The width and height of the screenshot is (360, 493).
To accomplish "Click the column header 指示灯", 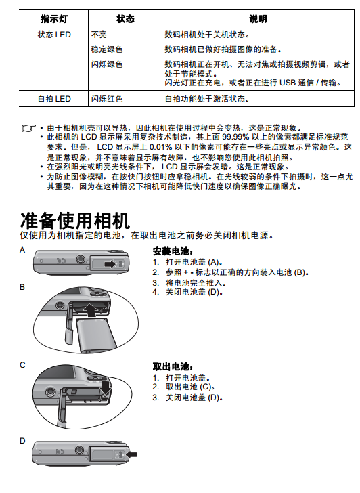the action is tap(54, 19).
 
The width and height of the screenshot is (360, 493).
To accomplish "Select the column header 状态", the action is tap(125, 19).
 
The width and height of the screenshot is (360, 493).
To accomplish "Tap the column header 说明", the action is tap(258, 19).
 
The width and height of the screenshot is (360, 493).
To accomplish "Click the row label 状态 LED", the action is tap(54, 35).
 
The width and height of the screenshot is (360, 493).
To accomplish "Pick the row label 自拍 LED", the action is tap(54, 99).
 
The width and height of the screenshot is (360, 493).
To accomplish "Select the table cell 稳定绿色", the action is tap(107, 49).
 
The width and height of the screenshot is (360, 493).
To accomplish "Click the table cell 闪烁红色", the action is tap(107, 99).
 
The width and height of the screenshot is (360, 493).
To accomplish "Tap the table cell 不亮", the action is tap(99, 35).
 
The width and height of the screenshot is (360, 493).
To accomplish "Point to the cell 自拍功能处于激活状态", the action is tap(207, 99).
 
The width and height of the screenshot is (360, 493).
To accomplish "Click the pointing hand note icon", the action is tap(28, 128).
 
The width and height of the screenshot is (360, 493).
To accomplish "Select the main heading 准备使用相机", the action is tap(74, 220).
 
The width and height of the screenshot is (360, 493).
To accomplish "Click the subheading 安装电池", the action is tap(173, 251).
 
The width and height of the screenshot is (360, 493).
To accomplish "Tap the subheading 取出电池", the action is tap(173, 366).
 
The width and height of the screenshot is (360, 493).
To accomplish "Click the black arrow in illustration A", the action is tap(110, 264).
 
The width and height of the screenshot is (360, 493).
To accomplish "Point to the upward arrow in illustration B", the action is tap(91, 309).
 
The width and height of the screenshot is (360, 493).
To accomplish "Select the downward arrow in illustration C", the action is tap(106, 388).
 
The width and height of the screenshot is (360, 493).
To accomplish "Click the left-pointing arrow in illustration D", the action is tap(131, 454).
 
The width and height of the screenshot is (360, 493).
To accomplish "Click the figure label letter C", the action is tap(22, 365).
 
